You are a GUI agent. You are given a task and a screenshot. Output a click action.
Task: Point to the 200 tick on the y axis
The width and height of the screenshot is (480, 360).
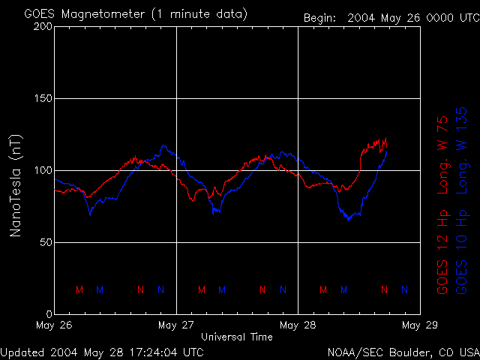43,27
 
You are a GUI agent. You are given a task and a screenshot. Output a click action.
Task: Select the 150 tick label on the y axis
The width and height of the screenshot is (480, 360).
43,99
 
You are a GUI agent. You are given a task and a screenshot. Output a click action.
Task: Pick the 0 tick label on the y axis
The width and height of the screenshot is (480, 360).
49,314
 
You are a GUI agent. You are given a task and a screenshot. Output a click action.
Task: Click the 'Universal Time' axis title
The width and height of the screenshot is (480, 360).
237,337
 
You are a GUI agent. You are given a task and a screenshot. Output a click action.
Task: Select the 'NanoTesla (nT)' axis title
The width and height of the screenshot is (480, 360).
16,185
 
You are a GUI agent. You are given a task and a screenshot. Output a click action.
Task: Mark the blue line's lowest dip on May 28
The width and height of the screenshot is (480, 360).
349,219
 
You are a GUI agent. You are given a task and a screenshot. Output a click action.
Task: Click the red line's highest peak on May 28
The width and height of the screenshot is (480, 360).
385,138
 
